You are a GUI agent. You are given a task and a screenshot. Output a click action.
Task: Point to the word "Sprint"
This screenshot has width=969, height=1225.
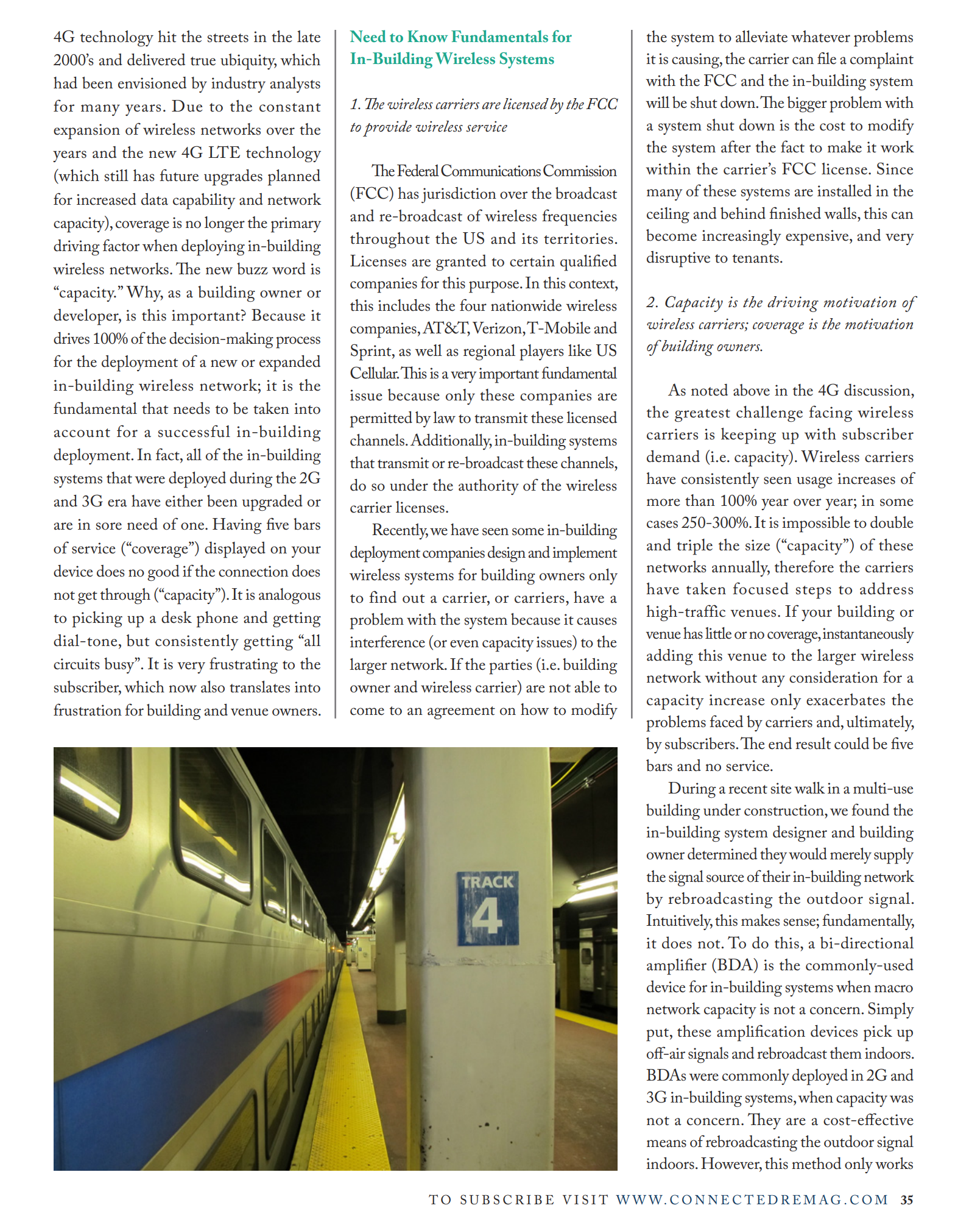(x=372, y=351)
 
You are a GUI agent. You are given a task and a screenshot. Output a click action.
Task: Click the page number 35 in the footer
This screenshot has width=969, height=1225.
(x=906, y=1200)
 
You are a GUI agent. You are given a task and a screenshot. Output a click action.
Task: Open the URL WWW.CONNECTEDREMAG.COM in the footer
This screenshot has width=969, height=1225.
(x=752, y=1200)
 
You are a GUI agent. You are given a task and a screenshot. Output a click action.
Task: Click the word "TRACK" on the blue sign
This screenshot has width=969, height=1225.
(x=487, y=882)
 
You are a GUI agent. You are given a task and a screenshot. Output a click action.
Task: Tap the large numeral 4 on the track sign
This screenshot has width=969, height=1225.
(x=487, y=916)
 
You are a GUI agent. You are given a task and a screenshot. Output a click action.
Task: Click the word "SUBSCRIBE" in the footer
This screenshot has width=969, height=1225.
(x=507, y=1200)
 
